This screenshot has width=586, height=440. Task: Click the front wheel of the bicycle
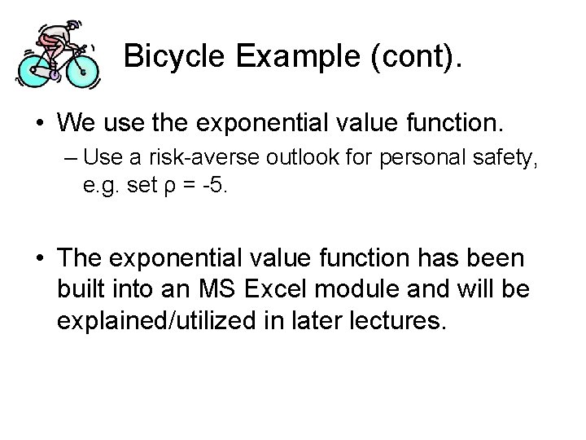(82, 71)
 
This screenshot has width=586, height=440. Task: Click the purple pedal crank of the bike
(55, 74)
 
